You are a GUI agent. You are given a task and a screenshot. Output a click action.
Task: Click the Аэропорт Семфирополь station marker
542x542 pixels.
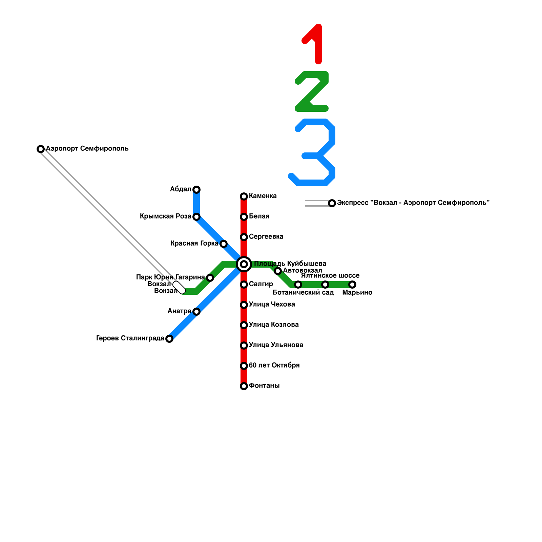click(41, 149)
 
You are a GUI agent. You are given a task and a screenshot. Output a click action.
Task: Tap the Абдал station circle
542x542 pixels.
click(196, 189)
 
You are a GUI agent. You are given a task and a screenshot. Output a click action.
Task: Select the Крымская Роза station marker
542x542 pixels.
click(196, 216)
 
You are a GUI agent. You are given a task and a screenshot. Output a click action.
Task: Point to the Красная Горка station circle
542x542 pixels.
click(223, 244)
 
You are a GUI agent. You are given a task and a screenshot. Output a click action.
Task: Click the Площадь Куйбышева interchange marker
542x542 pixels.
click(244, 264)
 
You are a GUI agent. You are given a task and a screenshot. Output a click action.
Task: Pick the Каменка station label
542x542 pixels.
click(263, 196)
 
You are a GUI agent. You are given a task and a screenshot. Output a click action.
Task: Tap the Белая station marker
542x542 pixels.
click(244, 216)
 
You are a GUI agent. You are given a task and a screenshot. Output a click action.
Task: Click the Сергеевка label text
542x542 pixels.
click(266, 236)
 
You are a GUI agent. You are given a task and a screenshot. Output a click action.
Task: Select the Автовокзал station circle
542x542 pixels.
click(278, 271)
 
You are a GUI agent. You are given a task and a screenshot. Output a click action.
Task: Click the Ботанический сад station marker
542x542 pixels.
click(298, 284)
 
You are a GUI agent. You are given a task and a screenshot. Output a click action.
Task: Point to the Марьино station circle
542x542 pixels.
click(352, 284)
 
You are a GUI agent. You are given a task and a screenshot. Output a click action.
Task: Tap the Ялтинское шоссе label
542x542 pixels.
click(330, 276)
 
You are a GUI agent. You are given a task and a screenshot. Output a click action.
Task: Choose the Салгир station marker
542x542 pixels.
click(244, 284)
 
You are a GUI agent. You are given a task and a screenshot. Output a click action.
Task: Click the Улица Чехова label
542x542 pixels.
click(272, 304)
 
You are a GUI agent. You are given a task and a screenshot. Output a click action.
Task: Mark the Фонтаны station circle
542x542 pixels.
click(244, 386)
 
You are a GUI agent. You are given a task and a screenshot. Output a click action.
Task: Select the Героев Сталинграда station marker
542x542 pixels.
click(169, 338)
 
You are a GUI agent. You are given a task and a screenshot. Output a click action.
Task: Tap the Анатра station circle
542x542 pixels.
click(196, 311)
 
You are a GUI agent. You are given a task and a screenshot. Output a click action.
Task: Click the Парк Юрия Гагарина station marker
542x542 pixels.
click(210, 278)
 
